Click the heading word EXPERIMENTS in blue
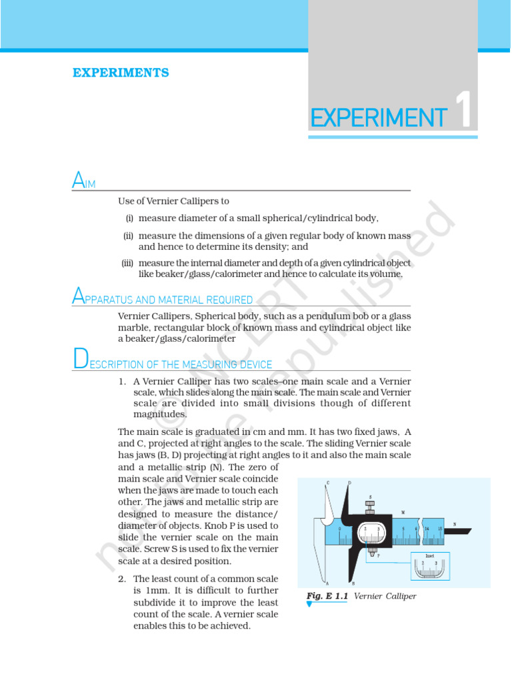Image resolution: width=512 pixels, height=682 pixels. [121, 73]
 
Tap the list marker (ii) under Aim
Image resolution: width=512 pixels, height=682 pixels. [129, 236]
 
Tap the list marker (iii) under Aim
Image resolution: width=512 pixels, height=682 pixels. [127, 263]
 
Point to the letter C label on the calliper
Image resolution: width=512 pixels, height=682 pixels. [328, 483]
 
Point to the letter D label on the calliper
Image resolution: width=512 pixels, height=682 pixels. [350, 483]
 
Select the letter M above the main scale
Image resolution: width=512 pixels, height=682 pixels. [403, 512]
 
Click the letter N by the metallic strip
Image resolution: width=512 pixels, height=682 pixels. [455, 524]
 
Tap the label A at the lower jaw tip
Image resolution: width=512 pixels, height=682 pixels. [327, 583]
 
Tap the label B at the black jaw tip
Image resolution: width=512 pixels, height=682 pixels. [353, 583]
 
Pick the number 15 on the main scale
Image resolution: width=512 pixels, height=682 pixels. [439, 529]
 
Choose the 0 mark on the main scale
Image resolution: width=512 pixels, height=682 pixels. [339, 529]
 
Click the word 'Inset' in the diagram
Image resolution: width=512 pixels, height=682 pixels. [431, 555]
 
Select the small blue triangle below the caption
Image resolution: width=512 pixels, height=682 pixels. [309, 605]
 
